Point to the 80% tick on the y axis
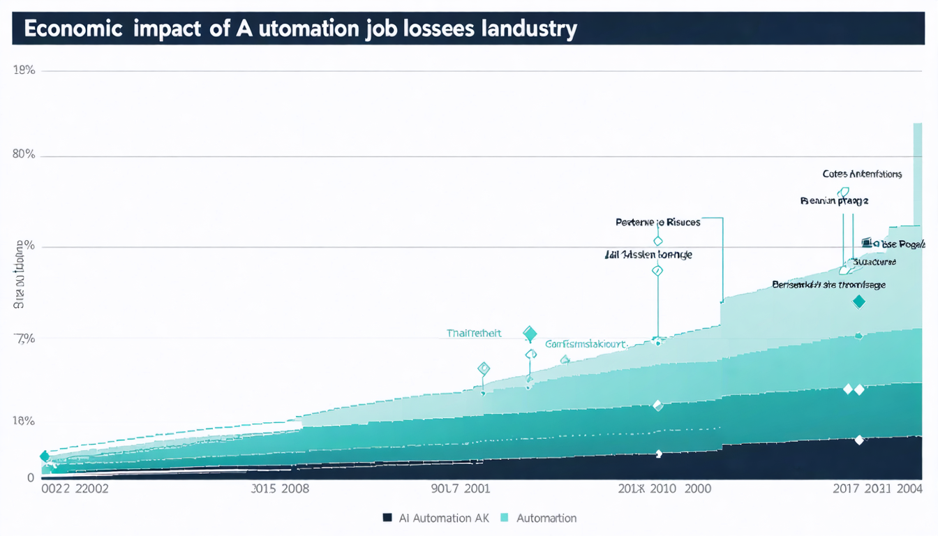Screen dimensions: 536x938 pyautogui.click(x=24, y=155)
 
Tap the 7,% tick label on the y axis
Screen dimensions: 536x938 pyautogui.click(x=24, y=338)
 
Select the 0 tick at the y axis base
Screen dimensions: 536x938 pyautogui.click(x=30, y=478)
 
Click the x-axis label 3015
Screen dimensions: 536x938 pyautogui.click(x=265, y=489)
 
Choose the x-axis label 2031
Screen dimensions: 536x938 pyautogui.click(x=877, y=489)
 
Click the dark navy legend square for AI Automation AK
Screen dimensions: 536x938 pyautogui.click(x=387, y=518)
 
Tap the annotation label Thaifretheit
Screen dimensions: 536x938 pyautogui.click(x=474, y=334)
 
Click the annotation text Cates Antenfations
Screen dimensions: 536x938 pyautogui.click(x=862, y=174)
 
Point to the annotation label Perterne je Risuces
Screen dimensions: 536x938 pyautogui.click(x=657, y=223)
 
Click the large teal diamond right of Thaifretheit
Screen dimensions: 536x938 pyautogui.click(x=530, y=334)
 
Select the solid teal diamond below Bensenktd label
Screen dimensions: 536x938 pyautogui.click(x=859, y=301)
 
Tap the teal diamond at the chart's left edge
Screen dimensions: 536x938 pyautogui.click(x=45, y=456)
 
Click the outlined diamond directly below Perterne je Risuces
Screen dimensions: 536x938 pyautogui.click(x=657, y=241)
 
